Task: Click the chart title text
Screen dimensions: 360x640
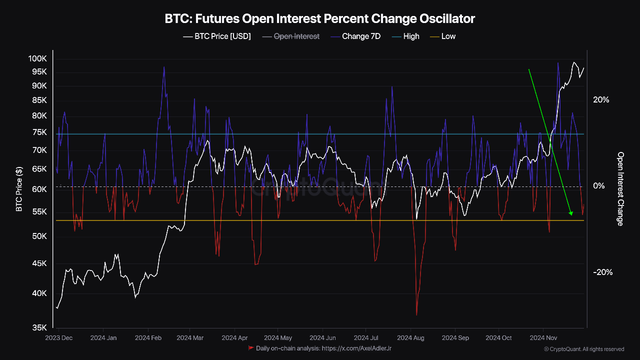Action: pos(319,19)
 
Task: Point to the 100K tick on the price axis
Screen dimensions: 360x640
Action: pos(37,58)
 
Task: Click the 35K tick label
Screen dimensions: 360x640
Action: pos(39,328)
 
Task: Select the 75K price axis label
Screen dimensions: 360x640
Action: pos(39,132)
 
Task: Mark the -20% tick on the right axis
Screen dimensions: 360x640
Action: pos(602,272)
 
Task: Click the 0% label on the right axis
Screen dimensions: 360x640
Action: pos(598,186)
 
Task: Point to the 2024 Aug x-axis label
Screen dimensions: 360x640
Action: pos(411,338)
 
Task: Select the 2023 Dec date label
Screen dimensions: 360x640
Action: pos(58,338)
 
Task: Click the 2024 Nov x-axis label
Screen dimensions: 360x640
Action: pos(543,338)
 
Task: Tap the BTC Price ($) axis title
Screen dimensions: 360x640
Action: pos(19,189)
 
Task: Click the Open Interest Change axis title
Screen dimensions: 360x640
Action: pos(620,189)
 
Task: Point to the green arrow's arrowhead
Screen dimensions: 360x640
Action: pos(571,213)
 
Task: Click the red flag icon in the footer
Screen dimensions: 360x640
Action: pos(251,347)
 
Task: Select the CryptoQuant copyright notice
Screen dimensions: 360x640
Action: pos(584,349)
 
